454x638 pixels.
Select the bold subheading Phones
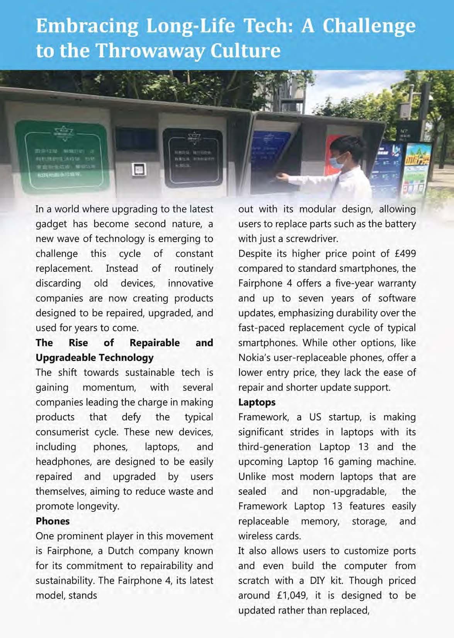[53, 521]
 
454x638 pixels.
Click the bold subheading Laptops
[257, 403]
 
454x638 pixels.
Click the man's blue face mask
[337, 161]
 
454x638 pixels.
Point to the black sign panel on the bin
[192, 157]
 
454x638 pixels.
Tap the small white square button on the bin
[138, 169]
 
